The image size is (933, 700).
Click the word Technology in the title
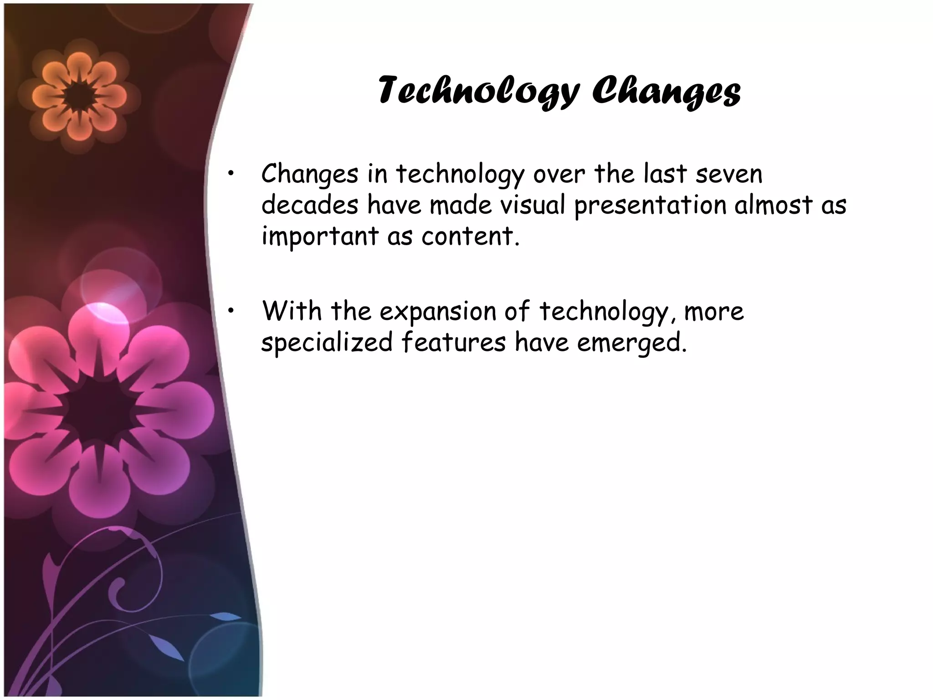(x=478, y=91)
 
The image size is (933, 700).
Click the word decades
(x=310, y=205)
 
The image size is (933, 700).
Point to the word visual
(x=533, y=205)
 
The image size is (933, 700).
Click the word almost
(x=774, y=205)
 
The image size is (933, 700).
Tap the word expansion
(x=437, y=313)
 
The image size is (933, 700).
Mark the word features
(x=453, y=342)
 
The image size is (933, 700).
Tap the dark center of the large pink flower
(x=99, y=411)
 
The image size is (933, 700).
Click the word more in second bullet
(x=714, y=312)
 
